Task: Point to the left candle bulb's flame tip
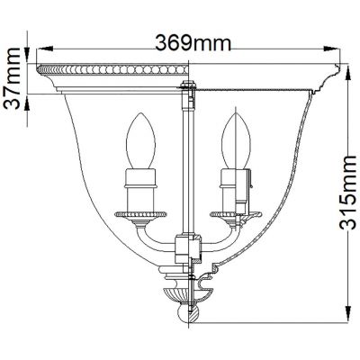(x=142, y=112)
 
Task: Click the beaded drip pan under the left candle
(x=141, y=214)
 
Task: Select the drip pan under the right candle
(x=231, y=214)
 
